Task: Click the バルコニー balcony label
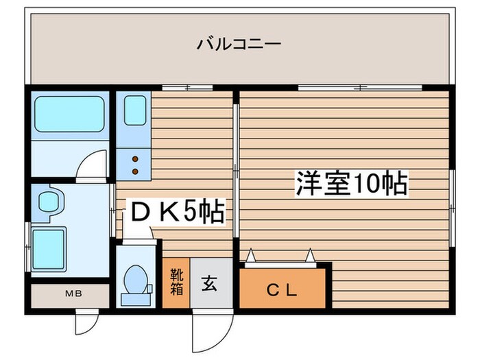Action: tap(239, 45)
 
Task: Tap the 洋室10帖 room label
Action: tap(352, 184)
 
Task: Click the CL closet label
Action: tap(281, 290)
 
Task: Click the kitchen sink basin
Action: tap(136, 110)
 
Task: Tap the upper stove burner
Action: tap(135, 156)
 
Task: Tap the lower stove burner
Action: tap(135, 169)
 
